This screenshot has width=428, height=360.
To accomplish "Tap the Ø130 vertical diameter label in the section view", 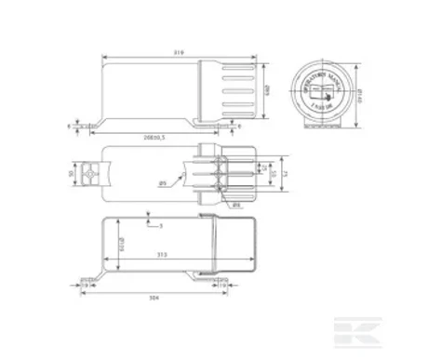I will tap(122, 246).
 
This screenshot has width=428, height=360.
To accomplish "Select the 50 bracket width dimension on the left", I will tap(71, 174).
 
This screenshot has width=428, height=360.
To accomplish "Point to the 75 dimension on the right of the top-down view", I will tap(288, 173).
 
